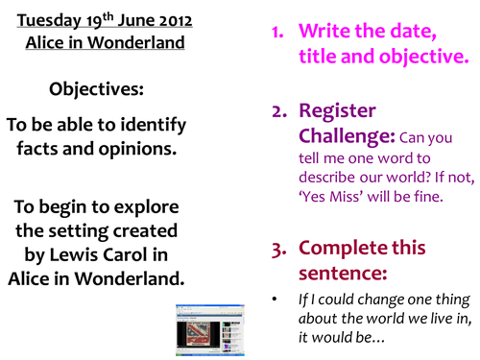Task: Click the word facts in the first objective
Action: tap(41, 149)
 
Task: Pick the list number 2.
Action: tap(277, 110)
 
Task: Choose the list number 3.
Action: tap(277, 248)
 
